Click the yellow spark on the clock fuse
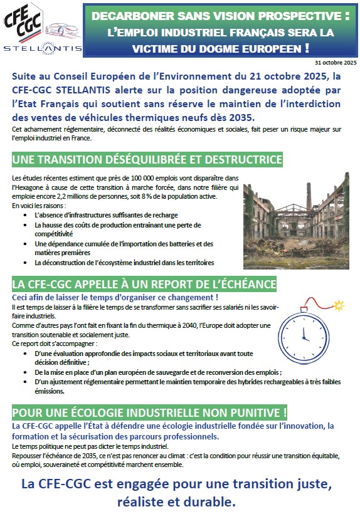[338, 306]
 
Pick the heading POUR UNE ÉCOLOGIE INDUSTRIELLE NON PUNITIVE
[149, 413]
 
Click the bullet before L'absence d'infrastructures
[26, 215]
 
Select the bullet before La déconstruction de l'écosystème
[26, 262]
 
